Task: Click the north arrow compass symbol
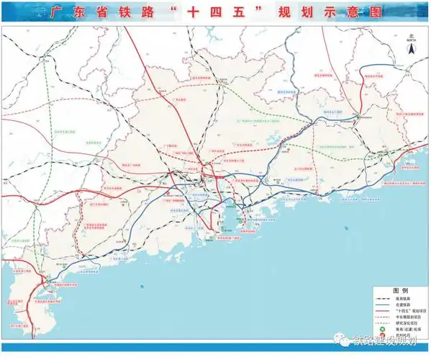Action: [x=411, y=50]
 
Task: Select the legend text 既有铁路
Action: [x=400, y=299]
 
